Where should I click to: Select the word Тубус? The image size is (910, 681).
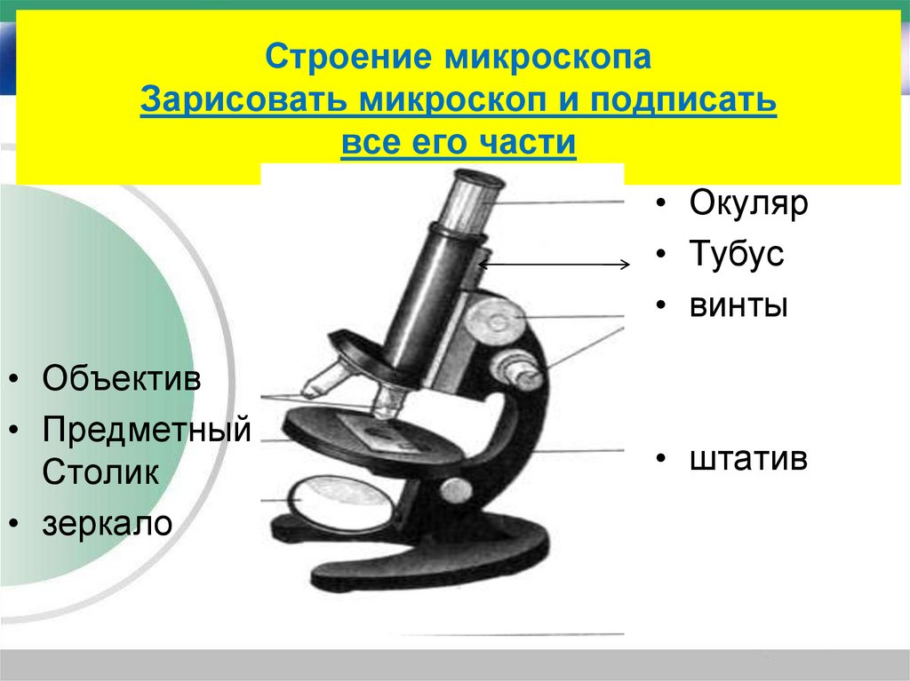click(736, 255)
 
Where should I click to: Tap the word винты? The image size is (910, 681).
click(738, 306)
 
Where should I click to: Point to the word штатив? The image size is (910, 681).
click(748, 459)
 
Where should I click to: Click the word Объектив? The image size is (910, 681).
click(122, 380)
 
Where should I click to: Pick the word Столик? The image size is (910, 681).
click(100, 471)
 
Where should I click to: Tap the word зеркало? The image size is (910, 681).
click(106, 523)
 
